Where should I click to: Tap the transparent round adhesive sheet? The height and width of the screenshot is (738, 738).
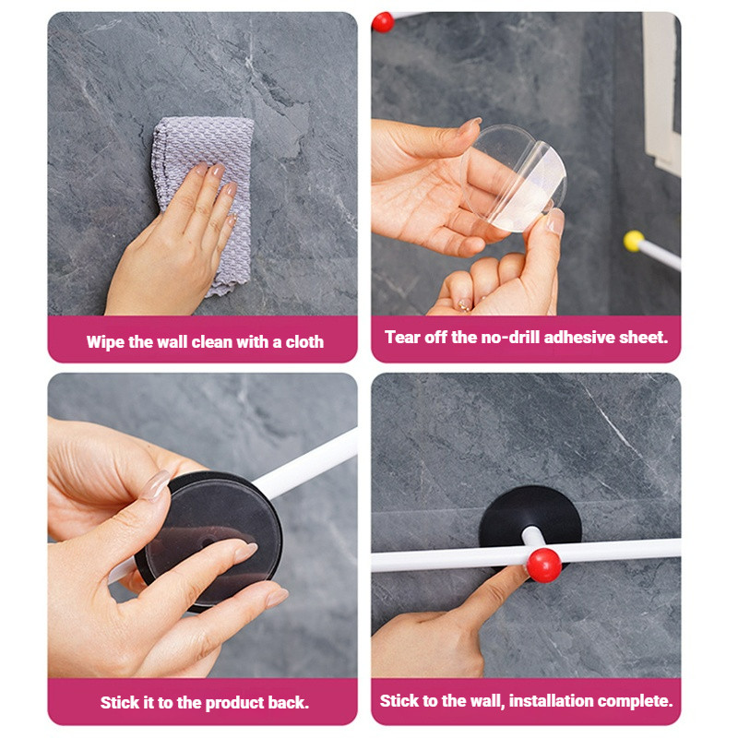[515, 177]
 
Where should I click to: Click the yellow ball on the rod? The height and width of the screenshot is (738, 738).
[634, 241]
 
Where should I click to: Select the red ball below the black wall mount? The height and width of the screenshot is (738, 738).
[543, 565]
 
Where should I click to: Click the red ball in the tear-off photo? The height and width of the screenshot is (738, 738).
[383, 21]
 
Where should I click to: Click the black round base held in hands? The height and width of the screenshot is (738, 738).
[209, 542]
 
